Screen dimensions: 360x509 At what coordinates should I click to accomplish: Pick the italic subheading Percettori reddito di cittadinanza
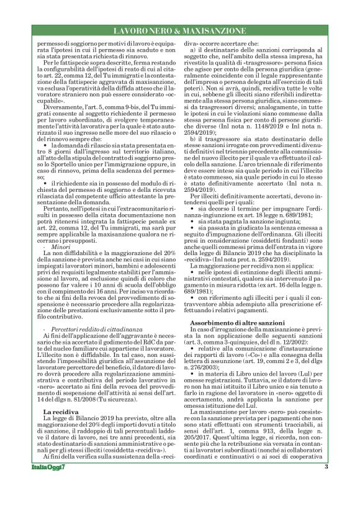(x=87, y=327)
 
